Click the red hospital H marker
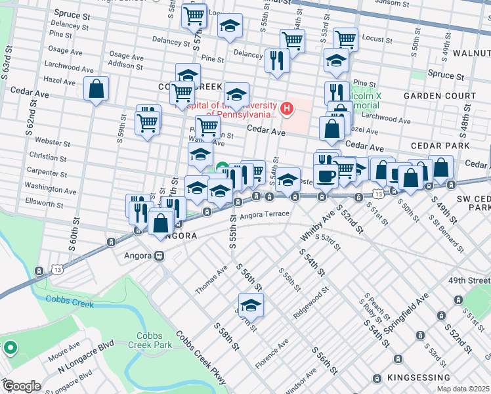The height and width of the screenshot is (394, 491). pos(287,108)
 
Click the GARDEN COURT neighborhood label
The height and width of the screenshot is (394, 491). pos(439,96)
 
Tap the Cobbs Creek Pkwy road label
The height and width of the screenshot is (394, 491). pos(201,358)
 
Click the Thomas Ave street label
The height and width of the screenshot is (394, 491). pos(211,280)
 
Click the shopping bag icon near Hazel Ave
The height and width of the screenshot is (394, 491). pos(96,90)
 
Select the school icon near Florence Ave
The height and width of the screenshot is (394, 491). pos(250,305)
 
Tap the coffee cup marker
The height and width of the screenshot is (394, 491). pos(326,175)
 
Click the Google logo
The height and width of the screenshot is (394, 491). pos(22,386)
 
